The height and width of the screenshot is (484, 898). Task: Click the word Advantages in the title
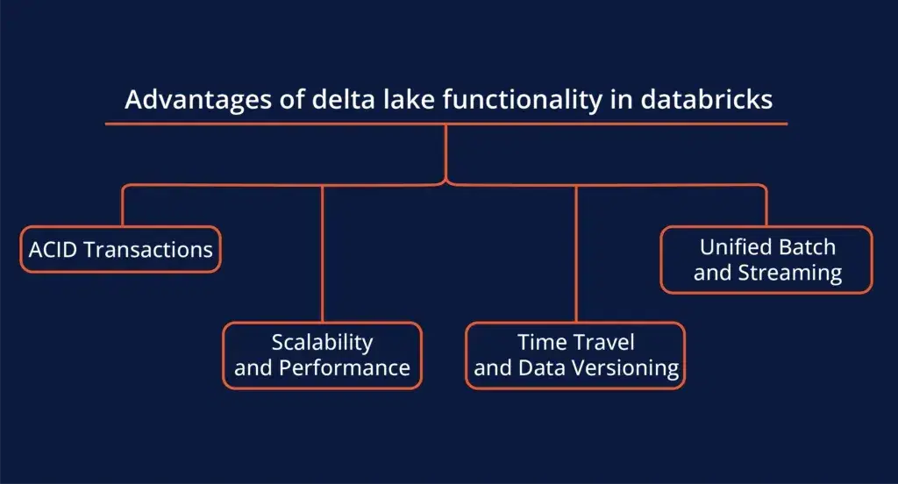[x=198, y=101]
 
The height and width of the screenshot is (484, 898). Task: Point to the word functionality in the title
[x=523, y=101]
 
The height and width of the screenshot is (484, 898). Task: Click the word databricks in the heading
[x=707, y=99]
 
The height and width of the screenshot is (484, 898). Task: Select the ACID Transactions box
[x=121, y=249]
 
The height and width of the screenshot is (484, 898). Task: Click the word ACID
[x=53, y=250]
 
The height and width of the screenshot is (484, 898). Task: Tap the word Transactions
[x=148, y=250]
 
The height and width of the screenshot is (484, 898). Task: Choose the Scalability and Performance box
[x=323, y=355]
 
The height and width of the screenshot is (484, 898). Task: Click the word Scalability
[x=323, y=343]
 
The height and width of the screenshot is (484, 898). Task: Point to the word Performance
[x=344, y=367]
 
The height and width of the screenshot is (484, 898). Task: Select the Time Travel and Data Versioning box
[x=575, y=355]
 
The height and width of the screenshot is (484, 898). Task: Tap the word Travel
[x=603, y=342]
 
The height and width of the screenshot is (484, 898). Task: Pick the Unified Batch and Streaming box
[x=766, y=260]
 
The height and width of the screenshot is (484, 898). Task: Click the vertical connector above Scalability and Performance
[x=323, y=253]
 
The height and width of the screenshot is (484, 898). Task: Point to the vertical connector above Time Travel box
[x=576, y=253]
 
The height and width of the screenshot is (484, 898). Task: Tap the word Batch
[x=807, y=247]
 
